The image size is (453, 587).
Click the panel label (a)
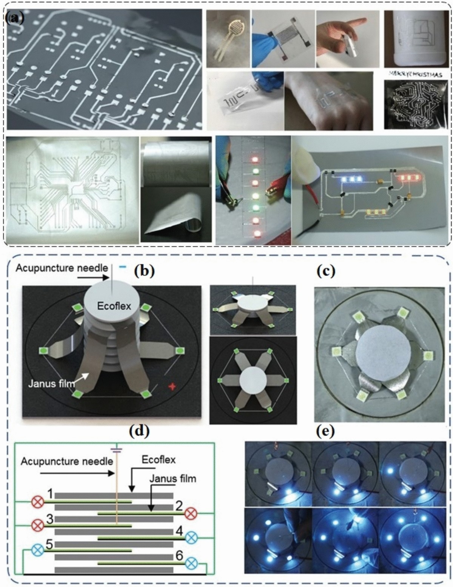[x=15, y=18]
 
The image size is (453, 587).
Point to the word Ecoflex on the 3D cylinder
[x=114, y=306]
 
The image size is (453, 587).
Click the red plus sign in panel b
[x=171, y=387]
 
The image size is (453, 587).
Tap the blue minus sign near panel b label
[x=123, y=267]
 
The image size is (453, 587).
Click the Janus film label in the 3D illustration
[x=51, y=384]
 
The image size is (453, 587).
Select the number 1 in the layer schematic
[x=49, y=494]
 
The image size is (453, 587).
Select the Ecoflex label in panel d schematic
[x=159, y=459]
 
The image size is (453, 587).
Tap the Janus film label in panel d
[x=173, y=479]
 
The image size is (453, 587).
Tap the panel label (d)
[x=139, y=432]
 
